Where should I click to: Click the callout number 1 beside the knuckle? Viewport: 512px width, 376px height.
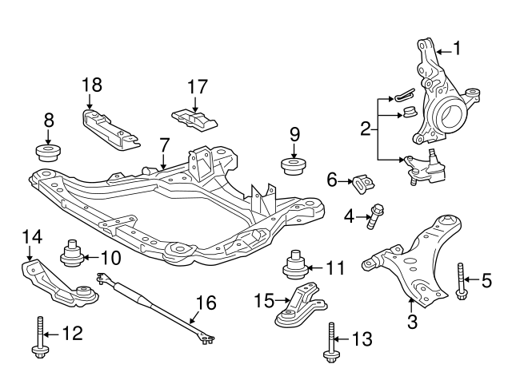[x=457, y=49]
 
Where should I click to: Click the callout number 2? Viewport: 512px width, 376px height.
[x=365, y=128]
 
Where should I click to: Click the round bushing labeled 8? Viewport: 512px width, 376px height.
[x=48, y=151]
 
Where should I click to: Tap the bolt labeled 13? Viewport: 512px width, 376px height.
[x=330, y=342]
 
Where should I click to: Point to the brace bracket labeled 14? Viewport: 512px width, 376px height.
[x=56, y=283]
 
